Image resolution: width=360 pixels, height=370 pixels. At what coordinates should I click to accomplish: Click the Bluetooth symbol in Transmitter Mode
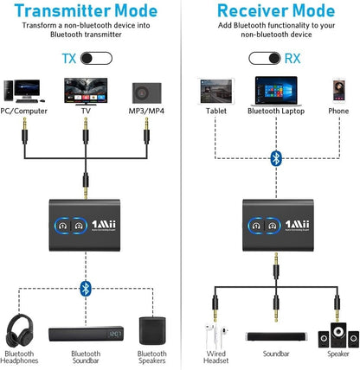pyautogui.click(x=84, y=287)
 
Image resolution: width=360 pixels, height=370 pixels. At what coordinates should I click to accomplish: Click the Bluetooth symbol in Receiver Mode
pyautogui.click(x=276, y=157)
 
